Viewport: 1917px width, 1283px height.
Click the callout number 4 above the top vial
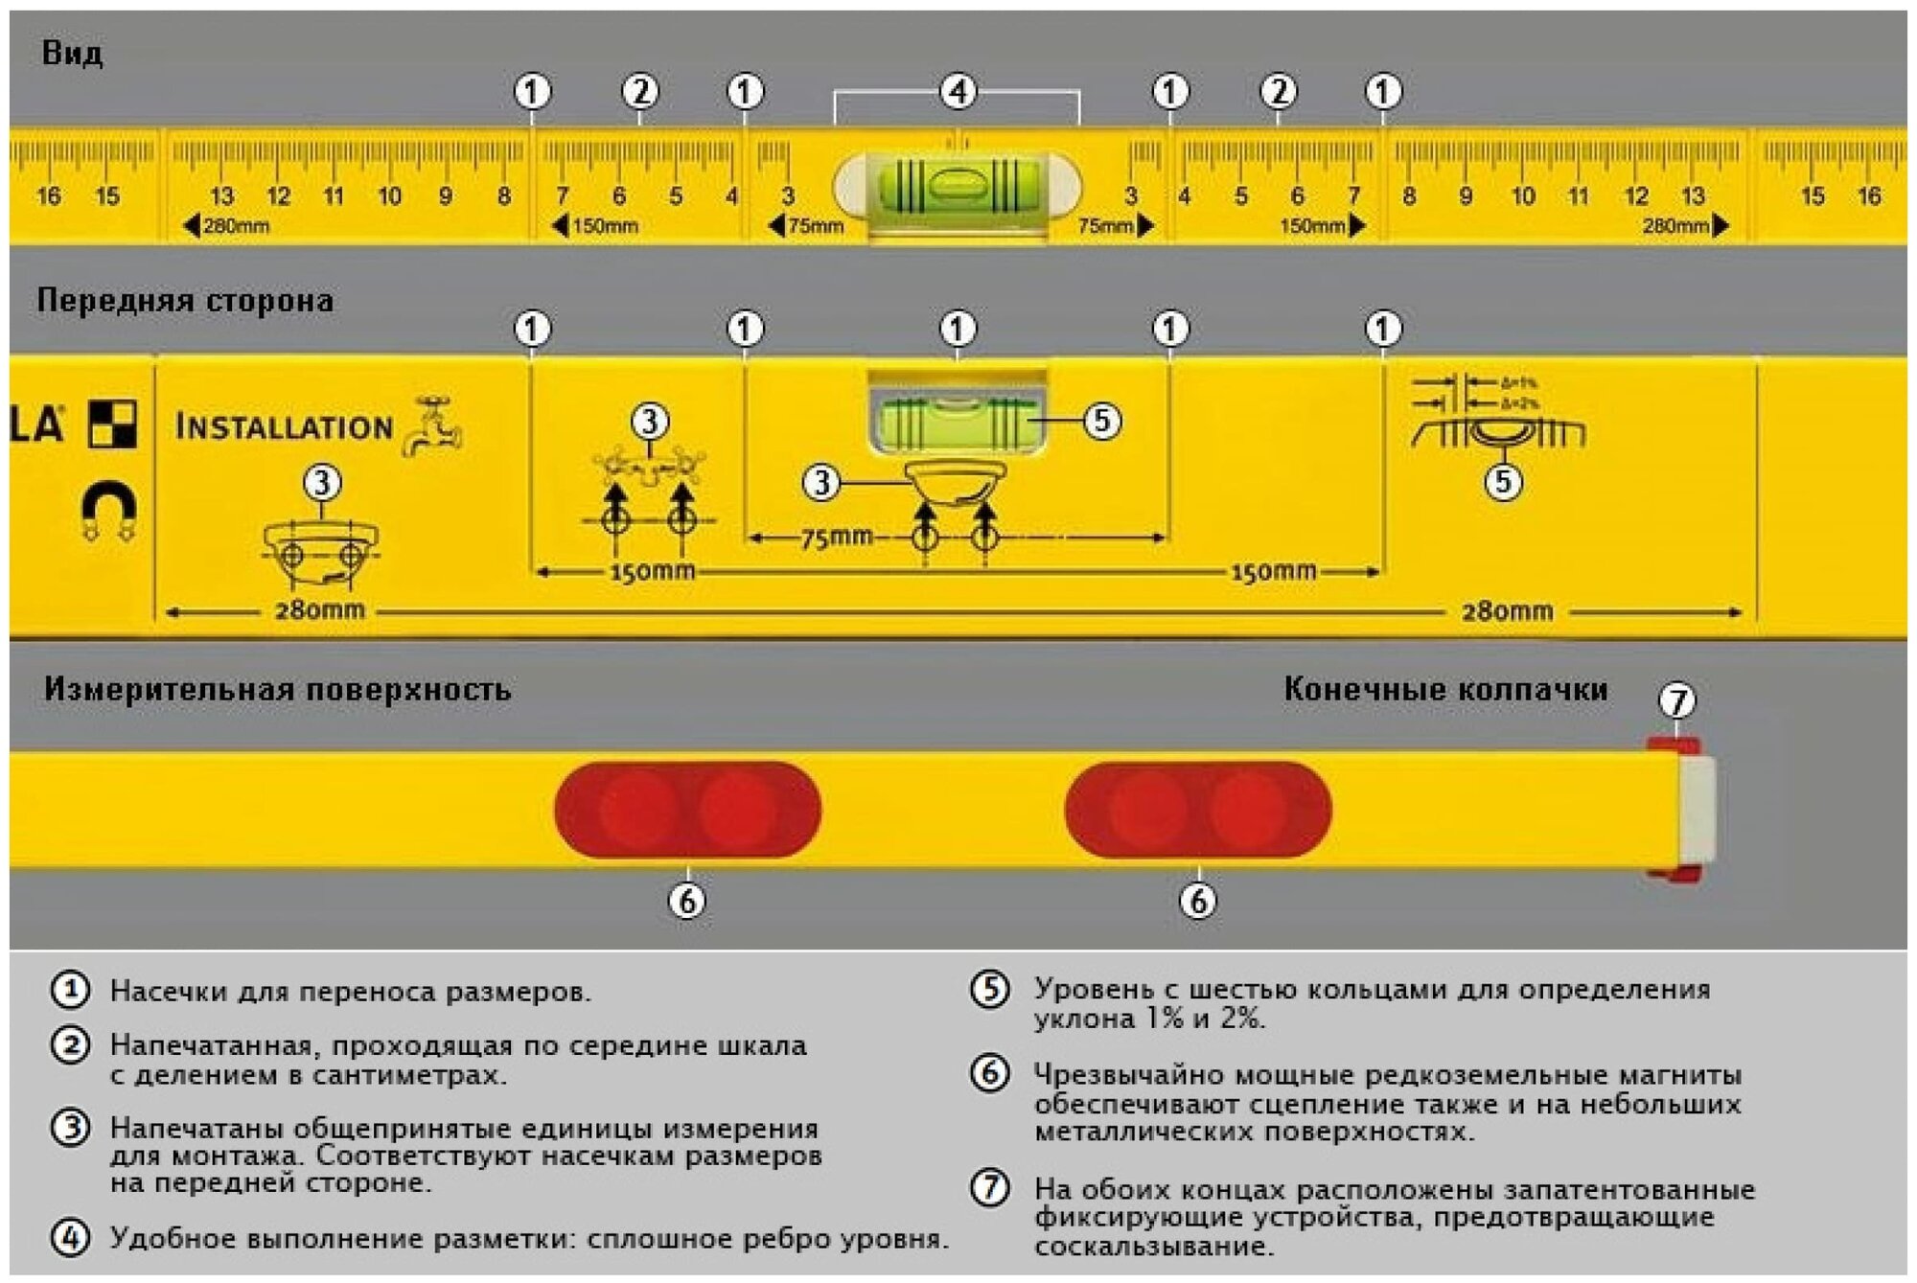958,92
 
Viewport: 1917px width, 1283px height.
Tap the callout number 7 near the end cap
1676,700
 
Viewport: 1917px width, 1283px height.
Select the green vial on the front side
957,420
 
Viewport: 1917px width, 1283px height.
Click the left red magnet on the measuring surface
687,809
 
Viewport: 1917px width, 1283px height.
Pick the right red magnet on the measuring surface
1197,809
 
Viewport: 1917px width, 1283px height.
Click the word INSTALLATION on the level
284,426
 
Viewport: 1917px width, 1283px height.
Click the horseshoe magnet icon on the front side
108,510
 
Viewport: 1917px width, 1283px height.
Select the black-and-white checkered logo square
112,424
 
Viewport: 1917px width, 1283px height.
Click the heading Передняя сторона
185,301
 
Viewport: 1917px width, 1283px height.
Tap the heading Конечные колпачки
1445,689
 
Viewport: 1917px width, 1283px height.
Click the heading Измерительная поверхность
277,689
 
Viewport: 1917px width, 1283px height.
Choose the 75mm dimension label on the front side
837,537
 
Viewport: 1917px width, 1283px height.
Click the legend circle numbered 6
990,1072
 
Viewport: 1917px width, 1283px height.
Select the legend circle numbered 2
70,1044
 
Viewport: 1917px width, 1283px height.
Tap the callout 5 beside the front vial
1101,421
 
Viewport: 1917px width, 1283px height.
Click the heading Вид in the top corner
72,53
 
